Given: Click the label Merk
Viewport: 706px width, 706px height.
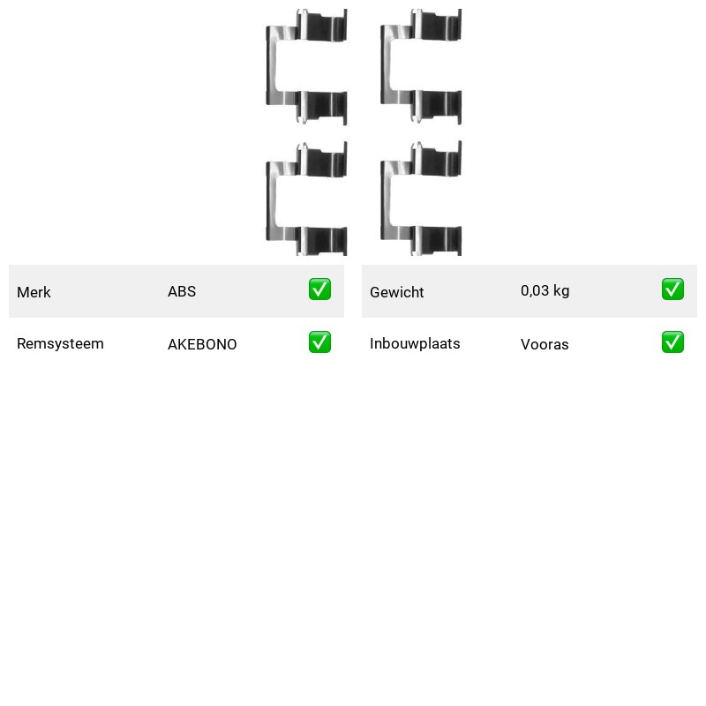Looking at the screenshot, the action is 34,292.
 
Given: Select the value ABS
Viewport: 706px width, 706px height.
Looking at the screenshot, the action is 182,291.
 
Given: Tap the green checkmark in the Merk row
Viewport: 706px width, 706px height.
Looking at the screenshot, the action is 319,289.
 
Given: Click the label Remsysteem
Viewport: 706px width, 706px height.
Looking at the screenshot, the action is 60,343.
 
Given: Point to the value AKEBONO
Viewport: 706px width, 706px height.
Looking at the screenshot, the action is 202,344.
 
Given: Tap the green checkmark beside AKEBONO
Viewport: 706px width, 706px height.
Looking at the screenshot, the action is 319,342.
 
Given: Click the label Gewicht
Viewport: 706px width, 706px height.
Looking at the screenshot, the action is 396,292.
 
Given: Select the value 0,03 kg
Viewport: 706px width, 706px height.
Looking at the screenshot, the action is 545,291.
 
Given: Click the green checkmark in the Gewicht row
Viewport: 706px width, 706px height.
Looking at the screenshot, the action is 672,289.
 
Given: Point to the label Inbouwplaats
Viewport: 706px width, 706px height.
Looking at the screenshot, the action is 415,343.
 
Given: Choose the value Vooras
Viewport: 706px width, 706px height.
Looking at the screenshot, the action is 545,344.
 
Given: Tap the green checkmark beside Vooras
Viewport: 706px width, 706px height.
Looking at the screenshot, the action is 672,342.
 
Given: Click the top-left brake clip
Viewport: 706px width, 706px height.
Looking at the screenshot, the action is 271,66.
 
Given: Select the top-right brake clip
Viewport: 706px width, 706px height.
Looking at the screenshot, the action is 386,66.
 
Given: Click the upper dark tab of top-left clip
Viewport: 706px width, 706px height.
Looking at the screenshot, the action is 322,26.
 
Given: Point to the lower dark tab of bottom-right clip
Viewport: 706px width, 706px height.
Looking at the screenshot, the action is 437,240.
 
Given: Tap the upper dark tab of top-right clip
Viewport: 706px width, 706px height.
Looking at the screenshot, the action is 437,26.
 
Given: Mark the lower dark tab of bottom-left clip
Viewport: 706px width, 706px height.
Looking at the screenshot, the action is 322,241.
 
